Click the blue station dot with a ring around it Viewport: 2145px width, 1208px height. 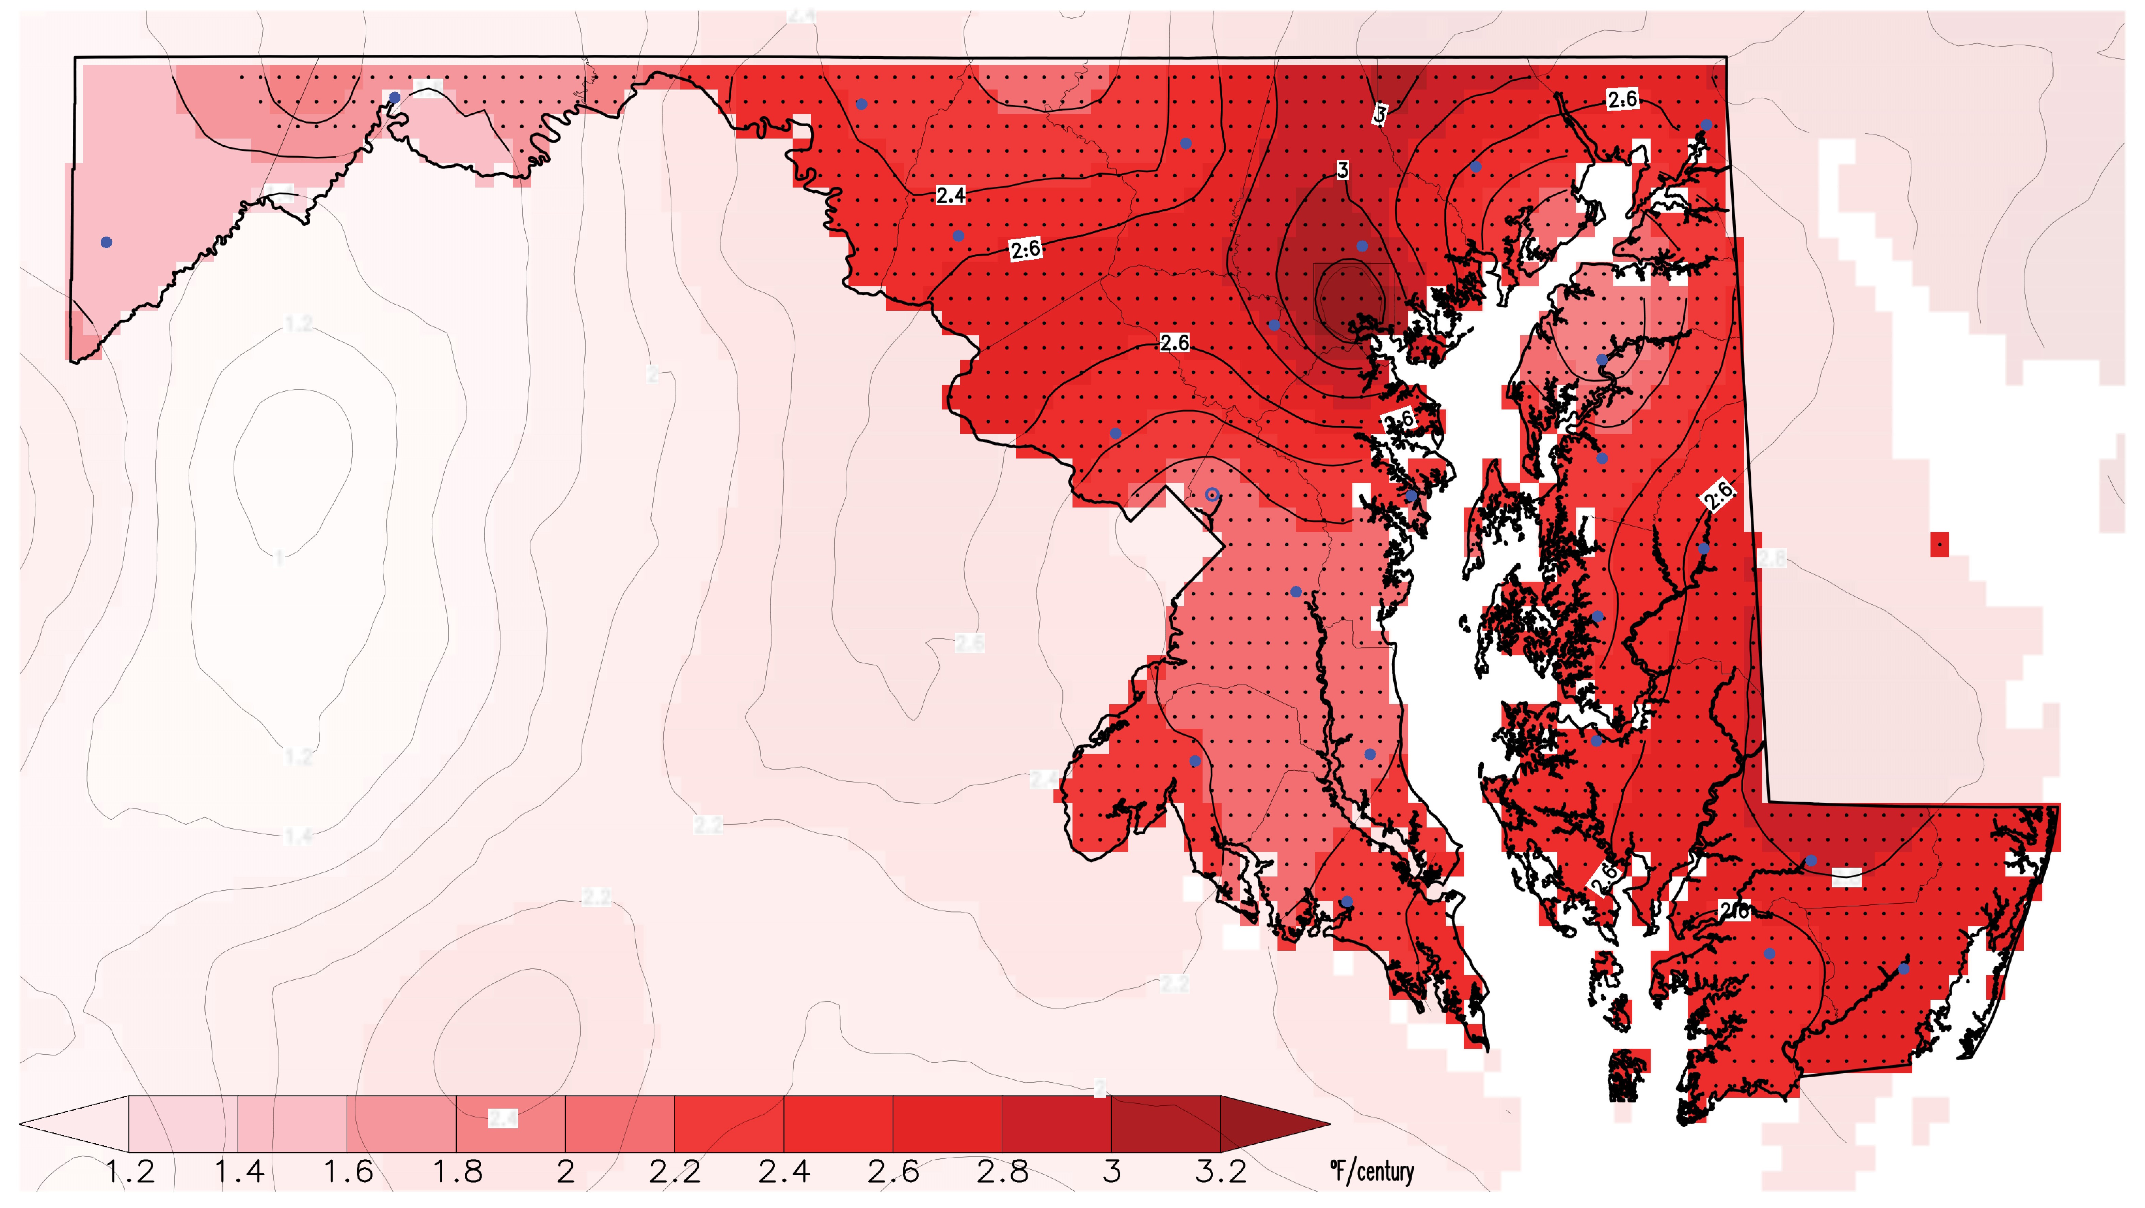point(1212,495)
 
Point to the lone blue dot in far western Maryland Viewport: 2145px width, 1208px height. point(106,242)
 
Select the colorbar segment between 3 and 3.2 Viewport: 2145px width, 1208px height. point(1166,1124)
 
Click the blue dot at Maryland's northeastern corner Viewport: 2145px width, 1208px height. point(1706,125)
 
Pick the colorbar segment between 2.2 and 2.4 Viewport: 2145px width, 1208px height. point(729,1124)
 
